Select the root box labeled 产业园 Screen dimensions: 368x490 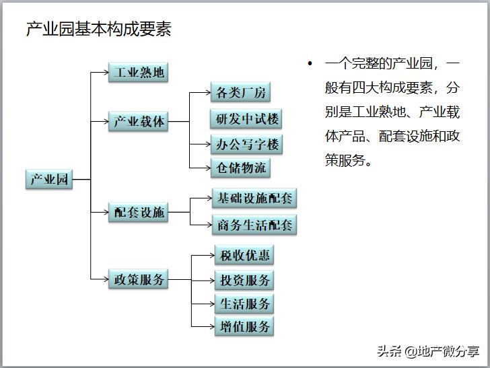tap(48, 180)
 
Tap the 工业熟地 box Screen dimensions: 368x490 tap(139, 72)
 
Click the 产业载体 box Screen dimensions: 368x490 tap(139, 122)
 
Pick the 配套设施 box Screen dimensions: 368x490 tap(139, 213)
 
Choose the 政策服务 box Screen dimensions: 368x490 tap(139, 279)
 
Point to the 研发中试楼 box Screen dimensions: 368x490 tap(245, 119)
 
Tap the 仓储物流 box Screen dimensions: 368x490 tap(240, 168)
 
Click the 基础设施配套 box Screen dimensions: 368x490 tap(254, 198)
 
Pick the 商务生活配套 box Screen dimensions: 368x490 tap(254, 225)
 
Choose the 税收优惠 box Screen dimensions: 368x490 tap(244, 255)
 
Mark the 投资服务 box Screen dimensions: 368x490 tap(244, 280)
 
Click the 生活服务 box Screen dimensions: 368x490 tap(244, 303)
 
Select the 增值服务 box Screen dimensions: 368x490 tap(244, 327)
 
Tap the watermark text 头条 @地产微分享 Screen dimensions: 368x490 tap(428, 351)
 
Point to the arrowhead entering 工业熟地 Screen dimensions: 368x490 tap(105, 72)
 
